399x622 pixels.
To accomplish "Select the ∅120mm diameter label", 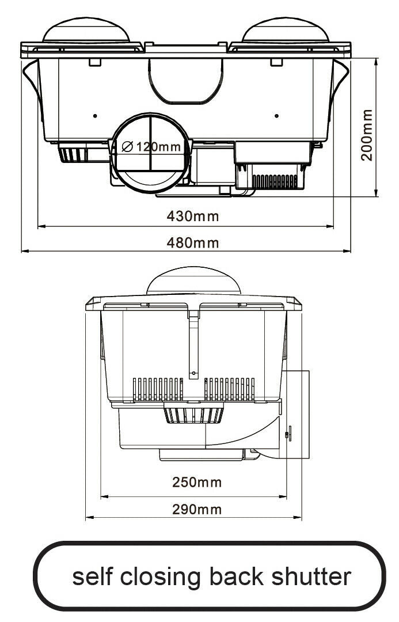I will pos(152,147).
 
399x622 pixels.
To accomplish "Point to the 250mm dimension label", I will pos(197,482).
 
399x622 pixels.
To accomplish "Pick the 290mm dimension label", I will pos(197,509).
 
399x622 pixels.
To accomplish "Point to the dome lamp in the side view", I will pos(193,282).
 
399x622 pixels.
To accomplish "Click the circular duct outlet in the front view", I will pos(151,153).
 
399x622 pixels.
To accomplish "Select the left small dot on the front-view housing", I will pos(95,116).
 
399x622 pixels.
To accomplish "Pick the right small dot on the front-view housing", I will pos(277,116).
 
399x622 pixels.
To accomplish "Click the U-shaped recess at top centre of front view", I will pos(185,81).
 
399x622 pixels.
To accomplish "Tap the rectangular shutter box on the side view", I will pos(297,415).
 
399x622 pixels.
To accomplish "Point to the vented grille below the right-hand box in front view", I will pos(275,181).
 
